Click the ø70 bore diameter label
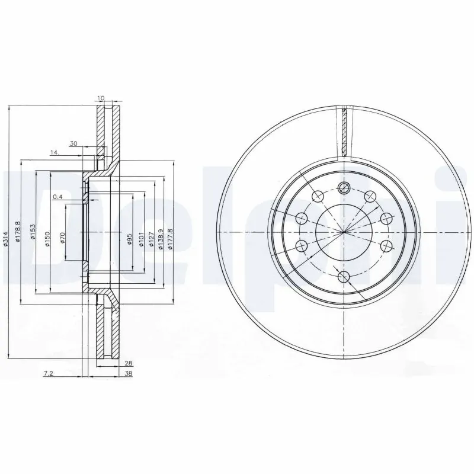coord(62,239)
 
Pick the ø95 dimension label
coord(129,239)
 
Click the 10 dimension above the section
coord(102,98)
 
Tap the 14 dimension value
coord(55,153)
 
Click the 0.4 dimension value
coord(57,197)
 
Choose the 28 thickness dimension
coord(128,363)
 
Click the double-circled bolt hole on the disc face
coord(344,188)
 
